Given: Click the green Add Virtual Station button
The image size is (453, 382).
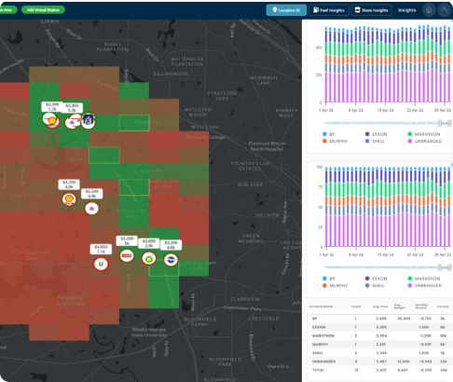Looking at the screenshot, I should pyautogui.click(x=45, y=9).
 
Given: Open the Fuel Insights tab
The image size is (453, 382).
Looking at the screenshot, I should pyautogui.click(x=331, y=9).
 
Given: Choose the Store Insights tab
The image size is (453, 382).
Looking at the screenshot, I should pyautogui.click(x=375, y=9).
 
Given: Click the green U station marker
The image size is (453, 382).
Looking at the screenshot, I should pyautogui.click(x=101, y=264).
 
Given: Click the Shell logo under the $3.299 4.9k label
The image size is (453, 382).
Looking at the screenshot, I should pyautogui.click(x=68, y=198).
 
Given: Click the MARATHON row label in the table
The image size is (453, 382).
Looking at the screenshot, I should pyautogui.click(x=321, y=335).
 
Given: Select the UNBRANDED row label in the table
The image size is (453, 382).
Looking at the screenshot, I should pyautogui.click(x=322, y=362).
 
